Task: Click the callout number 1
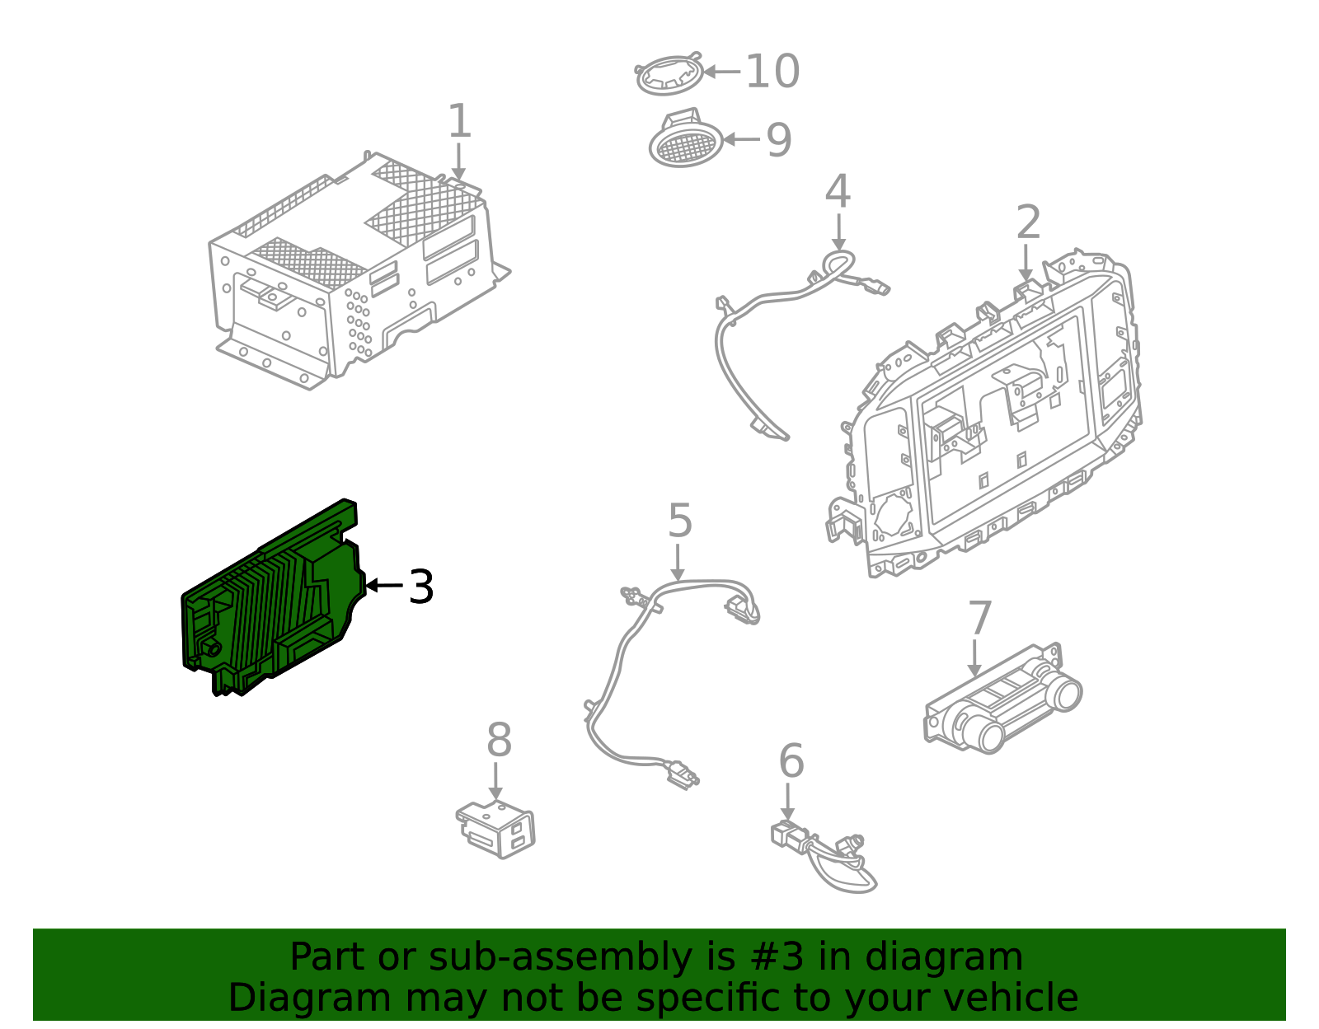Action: [459, 122]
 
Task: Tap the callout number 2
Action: [1028, 222]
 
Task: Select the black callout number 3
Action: [421, 587]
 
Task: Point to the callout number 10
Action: [772, 72]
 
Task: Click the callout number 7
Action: [979, 618]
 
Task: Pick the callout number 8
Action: [499, 741]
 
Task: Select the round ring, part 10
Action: [669, 74]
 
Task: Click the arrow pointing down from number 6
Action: [787, 802]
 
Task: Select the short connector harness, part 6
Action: [824, 853]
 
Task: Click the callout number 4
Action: [838, 192]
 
